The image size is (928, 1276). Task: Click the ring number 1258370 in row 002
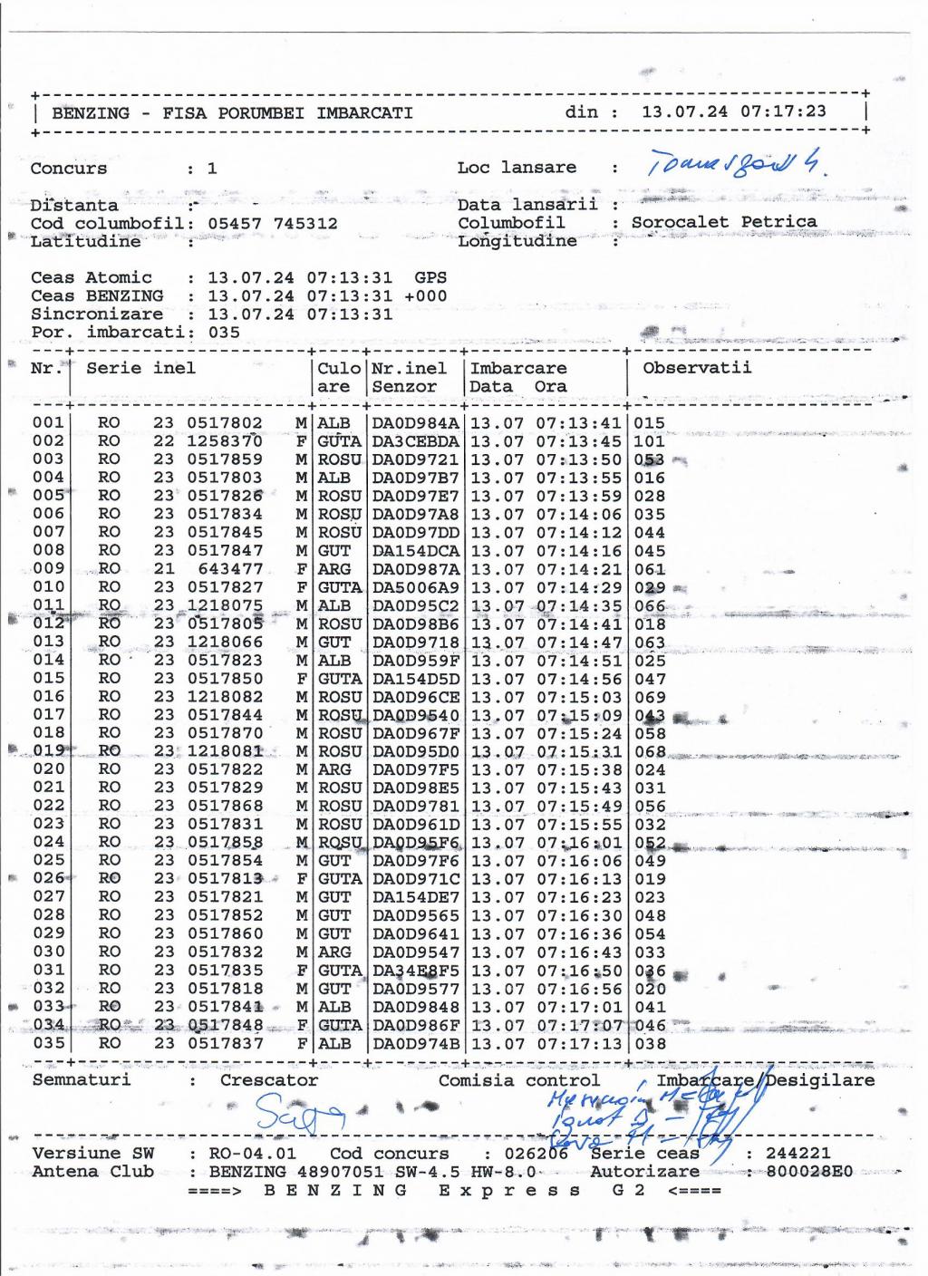(x=225, y=441)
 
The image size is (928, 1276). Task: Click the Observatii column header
(x=697, y=368)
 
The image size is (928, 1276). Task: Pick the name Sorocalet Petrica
(x=724, y=222)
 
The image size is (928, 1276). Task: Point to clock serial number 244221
(x=797, y=1154)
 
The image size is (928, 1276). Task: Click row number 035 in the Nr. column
(x=47, y=1043)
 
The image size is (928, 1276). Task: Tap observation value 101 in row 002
(x=650, y=441)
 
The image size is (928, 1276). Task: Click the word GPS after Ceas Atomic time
(x=430, y=277)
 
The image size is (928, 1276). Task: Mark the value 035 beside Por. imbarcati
(x=224, y=332)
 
